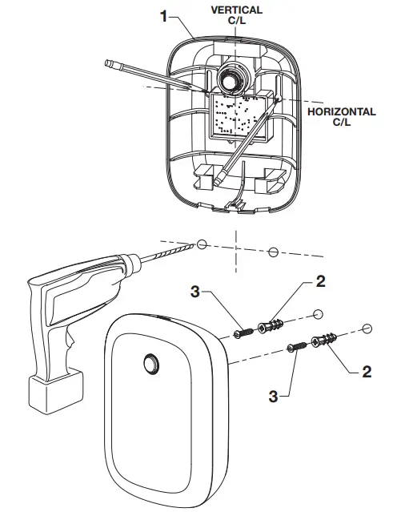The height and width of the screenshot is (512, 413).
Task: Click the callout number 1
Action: coord(164,17)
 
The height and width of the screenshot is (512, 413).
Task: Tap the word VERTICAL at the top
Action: coord(236,10)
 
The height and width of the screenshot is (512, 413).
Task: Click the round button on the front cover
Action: coord(150,365)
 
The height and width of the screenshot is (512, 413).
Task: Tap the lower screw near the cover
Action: coord(297,349)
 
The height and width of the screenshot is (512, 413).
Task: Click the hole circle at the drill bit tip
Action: coord(203,244)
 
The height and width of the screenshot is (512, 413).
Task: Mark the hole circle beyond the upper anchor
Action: coord(318,312)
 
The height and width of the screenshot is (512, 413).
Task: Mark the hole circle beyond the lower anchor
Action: coord(367,328)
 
